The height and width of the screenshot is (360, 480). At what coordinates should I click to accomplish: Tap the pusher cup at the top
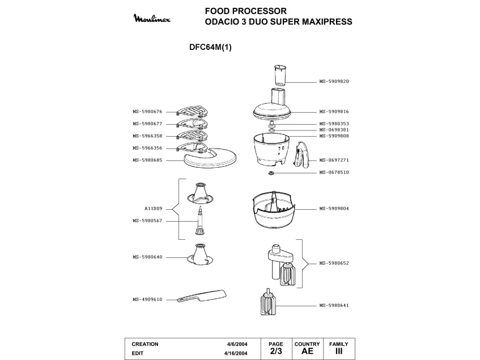pyautogui.click(x=280, y=75)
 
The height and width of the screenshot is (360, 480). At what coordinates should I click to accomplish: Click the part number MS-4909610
pyautogui.click(x=147, y=299)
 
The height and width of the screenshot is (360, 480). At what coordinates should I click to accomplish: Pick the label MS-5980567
pyautogui.click(x=147, y=221)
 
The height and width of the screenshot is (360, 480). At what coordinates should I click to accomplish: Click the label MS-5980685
pyautogui.click(x=147, y=160)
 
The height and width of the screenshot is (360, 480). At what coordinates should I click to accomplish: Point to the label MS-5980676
pyautogui.click(x=147, y=112)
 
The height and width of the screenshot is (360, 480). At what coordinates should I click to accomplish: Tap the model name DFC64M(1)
pyautogui.click(x=210, y=48)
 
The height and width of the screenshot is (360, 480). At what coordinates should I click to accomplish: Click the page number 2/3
pyautogui.click(x=276, y=351)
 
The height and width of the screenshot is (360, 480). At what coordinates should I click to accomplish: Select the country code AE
pyautogui.click(x=307, y=351)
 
